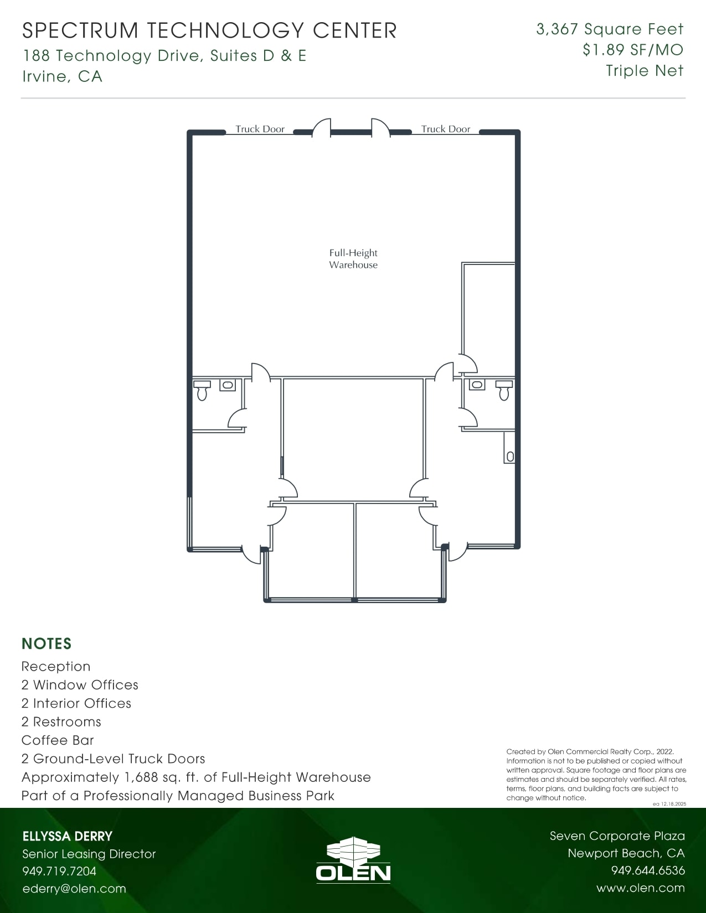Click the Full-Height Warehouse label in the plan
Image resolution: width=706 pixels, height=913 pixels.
coord(353,259)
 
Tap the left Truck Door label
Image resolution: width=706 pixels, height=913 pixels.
coord(260,129)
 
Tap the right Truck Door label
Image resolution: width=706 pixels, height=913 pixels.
coord(445,129)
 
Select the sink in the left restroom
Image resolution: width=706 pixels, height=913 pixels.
coord(228,385)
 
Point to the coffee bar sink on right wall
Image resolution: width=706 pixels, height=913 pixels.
coord(510,456)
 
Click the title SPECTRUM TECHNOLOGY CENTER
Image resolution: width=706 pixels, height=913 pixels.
coord(209,30)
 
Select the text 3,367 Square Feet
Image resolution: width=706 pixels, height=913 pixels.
coord(610,29)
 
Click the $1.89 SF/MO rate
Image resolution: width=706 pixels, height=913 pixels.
coord(632,50)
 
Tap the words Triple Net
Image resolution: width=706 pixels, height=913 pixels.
coord(645,71)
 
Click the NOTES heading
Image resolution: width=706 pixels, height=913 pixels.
coord(47,644)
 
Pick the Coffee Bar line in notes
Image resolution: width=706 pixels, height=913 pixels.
coord(58,740)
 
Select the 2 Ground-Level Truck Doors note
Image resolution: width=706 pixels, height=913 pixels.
coord(113,759)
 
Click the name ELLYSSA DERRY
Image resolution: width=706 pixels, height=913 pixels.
coord(67,836)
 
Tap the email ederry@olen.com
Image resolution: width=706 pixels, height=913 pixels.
coord(74,889)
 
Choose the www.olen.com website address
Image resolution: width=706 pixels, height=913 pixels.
coord(640,888)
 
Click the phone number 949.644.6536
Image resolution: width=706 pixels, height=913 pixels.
coord(647,870)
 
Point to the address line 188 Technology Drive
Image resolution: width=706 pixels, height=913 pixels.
coord(164,56)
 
